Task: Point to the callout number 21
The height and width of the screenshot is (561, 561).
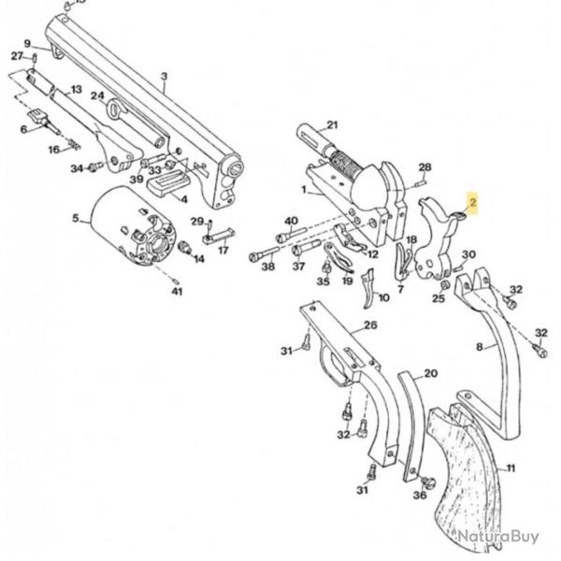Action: pyautogui.click(x=332, y=125)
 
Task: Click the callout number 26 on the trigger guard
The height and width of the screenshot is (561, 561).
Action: pyautogui.click(x=370, y=325)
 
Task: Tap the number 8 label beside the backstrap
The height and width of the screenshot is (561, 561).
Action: pyautogui.click(x=480, y=347)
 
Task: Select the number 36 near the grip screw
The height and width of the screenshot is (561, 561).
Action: pyautogui.click(x=419, y=495)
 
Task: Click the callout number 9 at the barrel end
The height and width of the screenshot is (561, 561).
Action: pyautogui.click(x=27, y=44)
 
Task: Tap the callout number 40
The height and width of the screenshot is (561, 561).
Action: pyautogui.click(x=291, y=222)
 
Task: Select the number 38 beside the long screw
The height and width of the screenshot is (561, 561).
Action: pyautogui.click(x=268, y=266)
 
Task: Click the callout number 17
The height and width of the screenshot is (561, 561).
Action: pyautogui.click(x=223, y=251)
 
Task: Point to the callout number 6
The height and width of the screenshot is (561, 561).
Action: pyautogui.click(x=24, y=129)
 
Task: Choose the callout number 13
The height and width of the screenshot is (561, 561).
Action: pyautogui.click(x=77, y=89)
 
